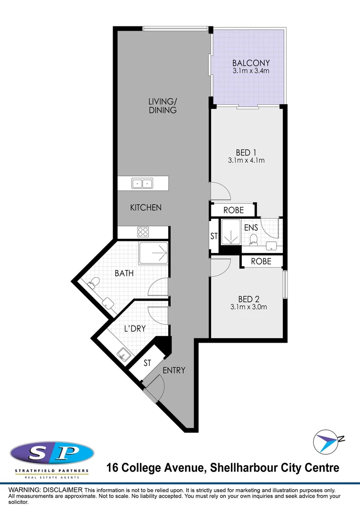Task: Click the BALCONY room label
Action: pos(251,63)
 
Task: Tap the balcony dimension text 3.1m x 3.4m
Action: pos(251,71)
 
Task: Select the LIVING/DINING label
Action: pos(162,106)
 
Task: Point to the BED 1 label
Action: pos(245,152)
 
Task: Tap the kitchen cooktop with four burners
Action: pos(143,232)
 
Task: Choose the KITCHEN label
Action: pos(146,207)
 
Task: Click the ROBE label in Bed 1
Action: pos(233,210)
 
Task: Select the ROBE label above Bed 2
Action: pos(261,261)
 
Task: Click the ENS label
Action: pos(251,228)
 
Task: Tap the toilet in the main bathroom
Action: pos(94,282)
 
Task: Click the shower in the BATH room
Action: pos(154,253)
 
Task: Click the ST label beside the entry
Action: pos(147,363)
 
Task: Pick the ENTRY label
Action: pos(174,370)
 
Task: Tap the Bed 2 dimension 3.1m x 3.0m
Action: pos(249,307)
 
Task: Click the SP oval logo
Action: pos(52,453)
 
